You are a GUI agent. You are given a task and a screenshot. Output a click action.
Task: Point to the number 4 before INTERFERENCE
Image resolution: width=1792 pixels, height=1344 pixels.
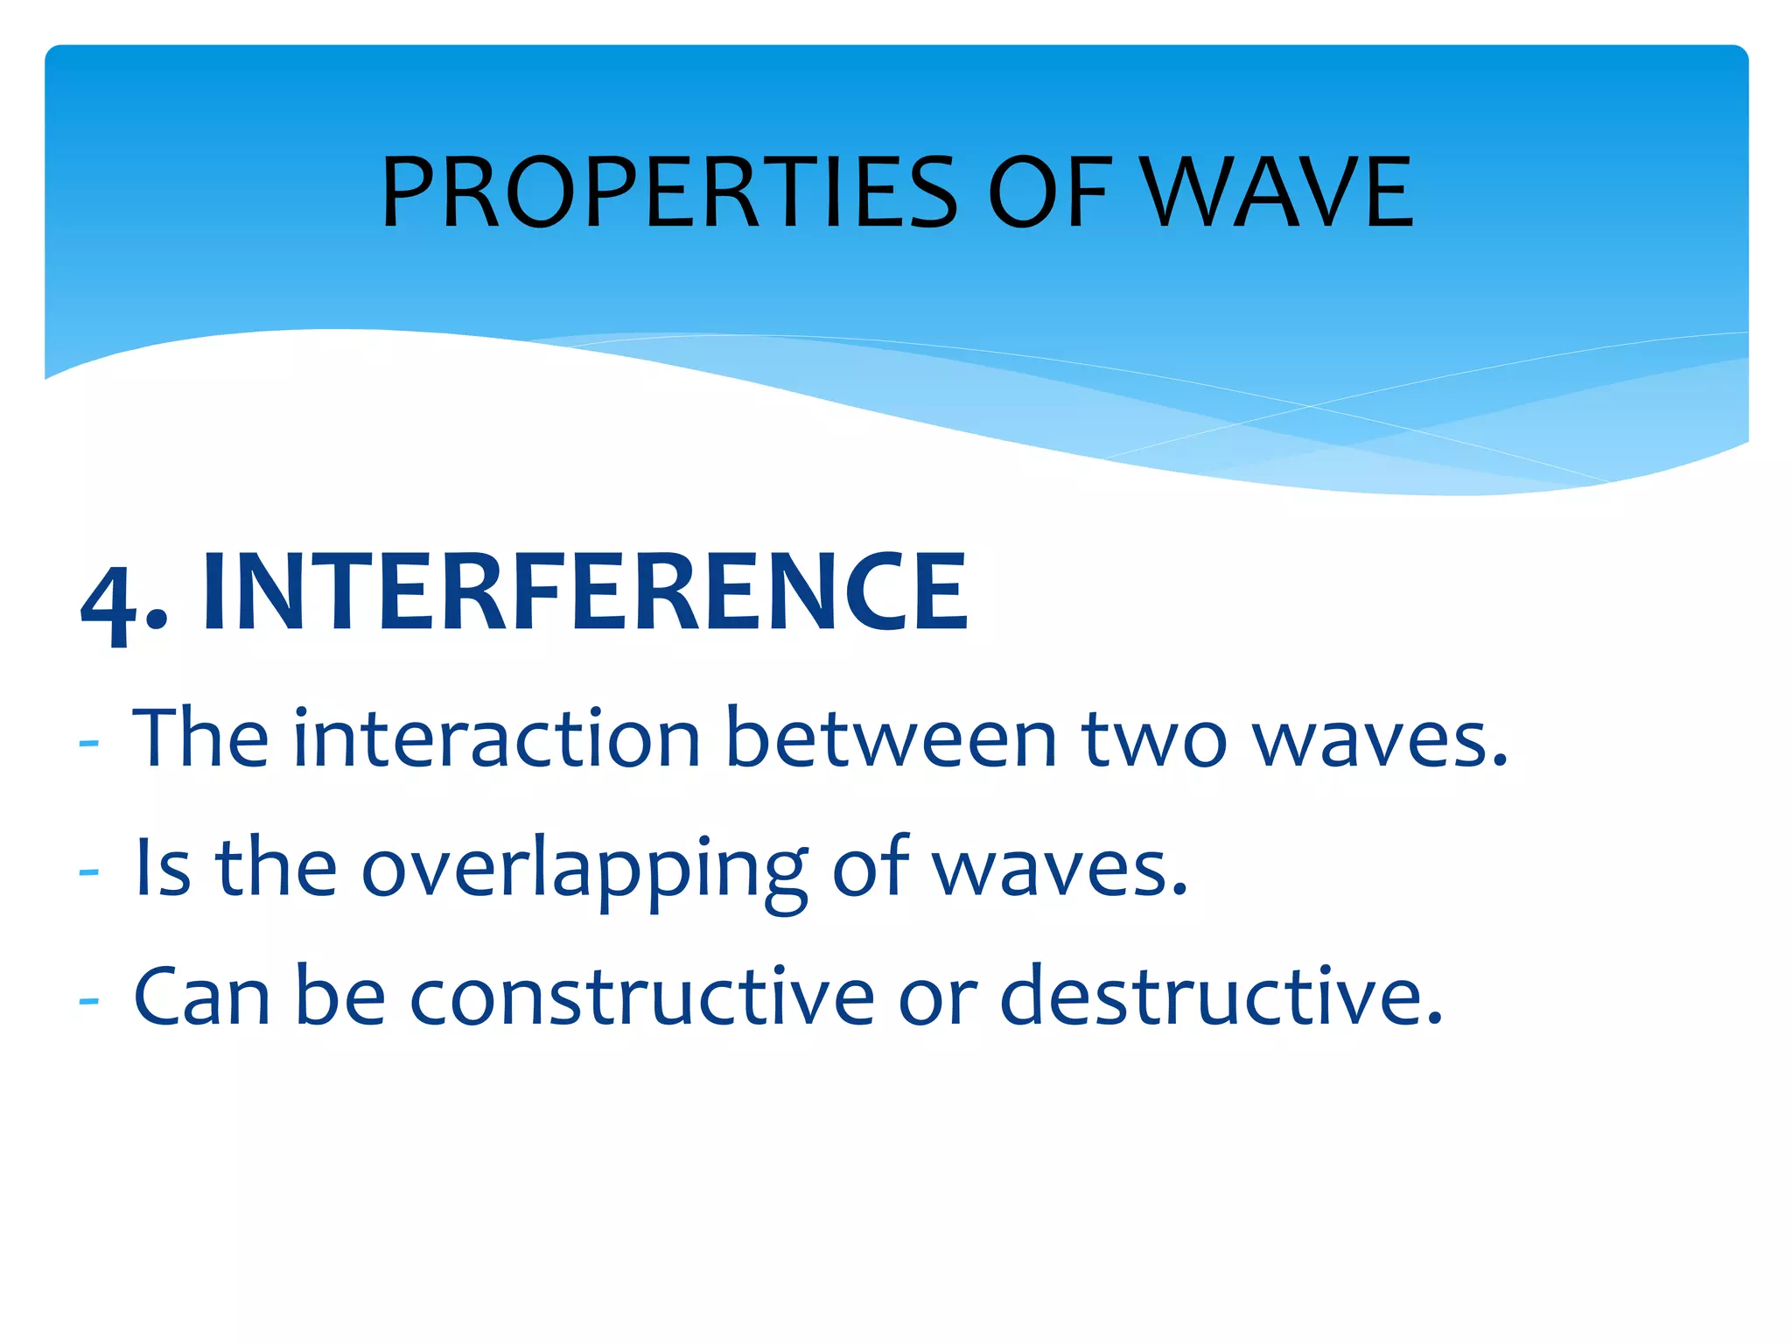tap(109, 604)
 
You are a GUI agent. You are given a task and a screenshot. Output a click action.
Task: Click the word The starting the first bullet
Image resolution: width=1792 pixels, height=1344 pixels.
tap(200, 739)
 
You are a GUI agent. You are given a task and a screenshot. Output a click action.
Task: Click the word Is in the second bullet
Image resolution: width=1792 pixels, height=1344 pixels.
tap(163, 868)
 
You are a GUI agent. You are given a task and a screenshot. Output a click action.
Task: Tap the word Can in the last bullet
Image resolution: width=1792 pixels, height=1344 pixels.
tap(201, 997)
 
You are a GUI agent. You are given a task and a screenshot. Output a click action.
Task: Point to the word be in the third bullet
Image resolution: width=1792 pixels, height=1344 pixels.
tap(340, 997)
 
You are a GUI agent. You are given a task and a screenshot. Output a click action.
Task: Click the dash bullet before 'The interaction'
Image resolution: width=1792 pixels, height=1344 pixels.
tap(88, 743)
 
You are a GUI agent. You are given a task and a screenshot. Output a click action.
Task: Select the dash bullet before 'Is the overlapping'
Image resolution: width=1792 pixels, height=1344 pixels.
tap(88, 871)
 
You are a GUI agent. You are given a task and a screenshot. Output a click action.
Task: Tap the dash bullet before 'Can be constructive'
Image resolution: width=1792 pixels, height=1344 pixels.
tap(88, 999)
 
